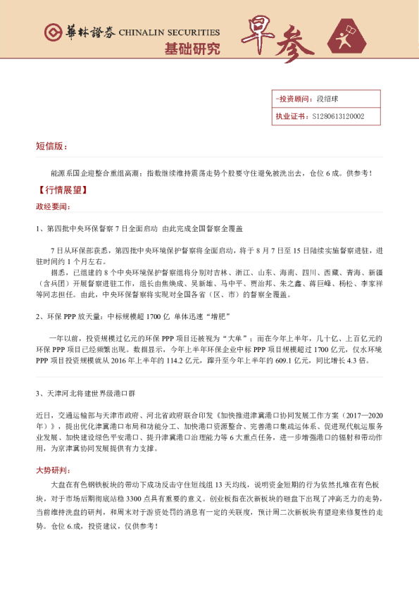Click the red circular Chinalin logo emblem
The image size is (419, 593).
51,33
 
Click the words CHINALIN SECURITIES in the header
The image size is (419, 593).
169,33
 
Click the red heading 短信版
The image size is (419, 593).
51,146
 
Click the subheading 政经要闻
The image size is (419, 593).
53,206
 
